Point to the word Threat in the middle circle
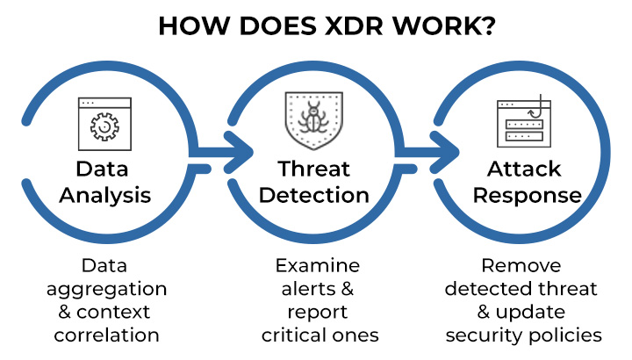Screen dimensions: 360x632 click(314, 169)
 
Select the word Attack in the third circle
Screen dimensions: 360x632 click(524, 169)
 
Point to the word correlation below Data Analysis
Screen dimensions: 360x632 click(106, 335)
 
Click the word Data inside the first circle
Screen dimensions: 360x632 click(104, 169)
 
